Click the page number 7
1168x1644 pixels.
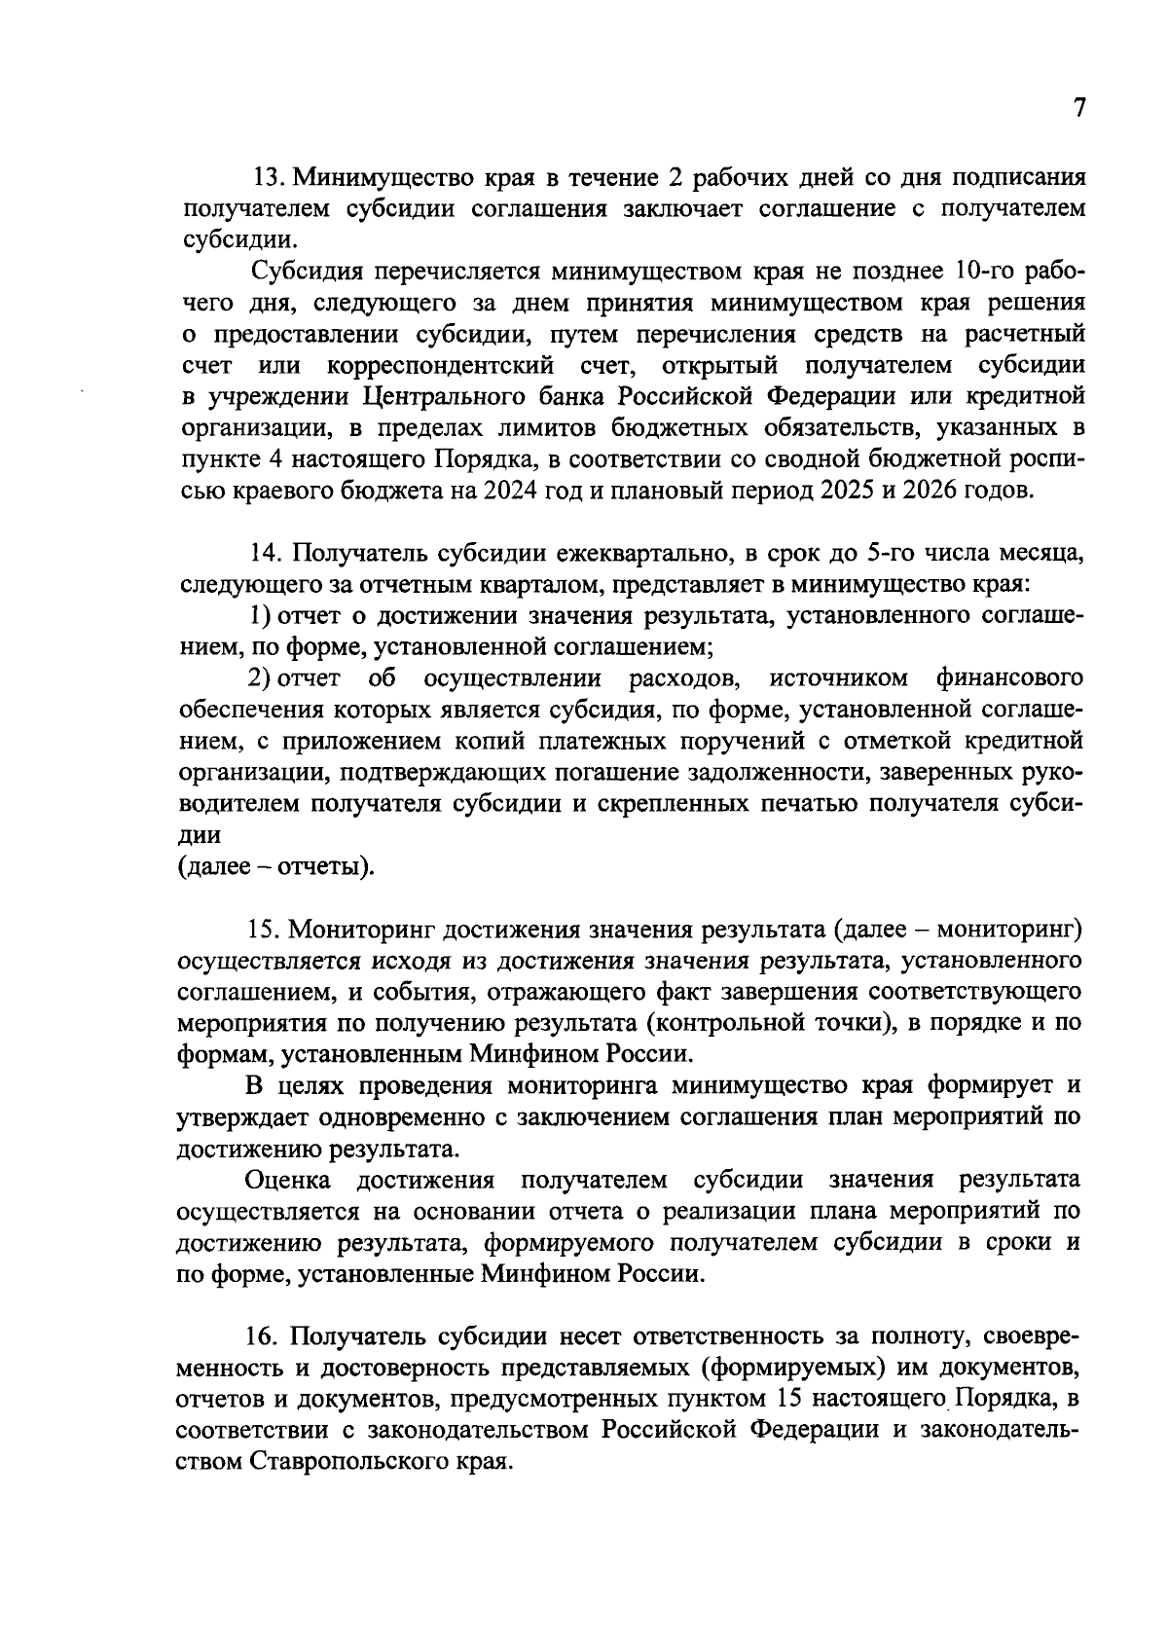click(1077, 107)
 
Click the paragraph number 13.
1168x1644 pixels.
click(267, 178)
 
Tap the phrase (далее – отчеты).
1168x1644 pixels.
click(276, 866)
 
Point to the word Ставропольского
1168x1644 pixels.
click(348, 1462)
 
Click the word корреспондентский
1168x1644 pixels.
click(442, 366)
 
